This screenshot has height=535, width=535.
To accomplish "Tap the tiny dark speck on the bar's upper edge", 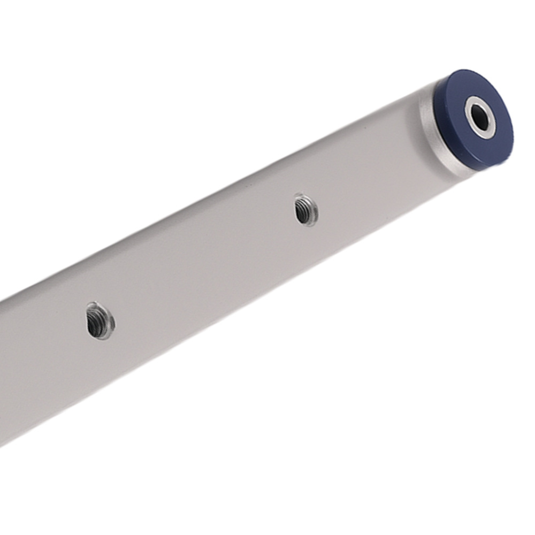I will [x=247, y=183].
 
